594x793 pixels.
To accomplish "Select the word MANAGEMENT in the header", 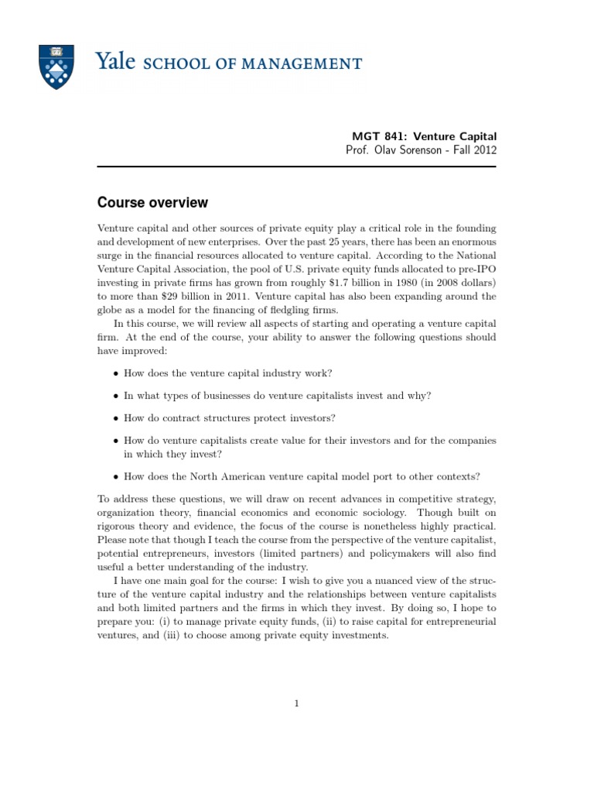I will (x=311, y=64).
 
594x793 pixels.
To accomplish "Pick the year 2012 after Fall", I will (x=484, y=150).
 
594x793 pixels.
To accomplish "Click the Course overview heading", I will (x=152, y=203).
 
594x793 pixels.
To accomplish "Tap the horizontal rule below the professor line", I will (x=297, y=166).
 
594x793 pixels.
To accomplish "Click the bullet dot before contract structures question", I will (x=115, y=419).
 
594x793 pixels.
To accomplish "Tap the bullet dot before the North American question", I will (x=115, y=477).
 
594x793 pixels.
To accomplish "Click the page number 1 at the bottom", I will (x=296, y=703).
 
